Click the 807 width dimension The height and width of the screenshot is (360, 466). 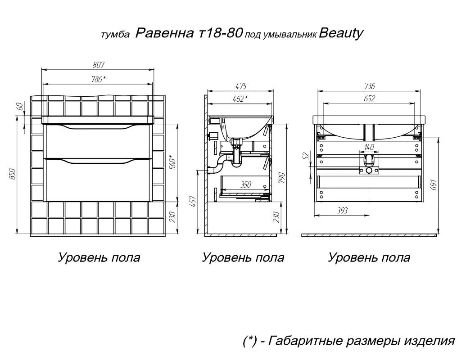98,65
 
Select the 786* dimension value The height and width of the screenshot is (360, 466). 98,79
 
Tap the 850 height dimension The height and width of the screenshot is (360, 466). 12,174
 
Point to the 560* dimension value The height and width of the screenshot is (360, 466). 173,162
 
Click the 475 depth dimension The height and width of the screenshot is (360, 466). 241,86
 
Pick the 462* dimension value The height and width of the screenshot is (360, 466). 240,99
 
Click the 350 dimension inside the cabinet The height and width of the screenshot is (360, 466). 245,185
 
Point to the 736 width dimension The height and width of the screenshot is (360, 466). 369,86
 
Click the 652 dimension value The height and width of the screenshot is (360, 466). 369,98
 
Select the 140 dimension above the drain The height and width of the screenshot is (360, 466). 369,147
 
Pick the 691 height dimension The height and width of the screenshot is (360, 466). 434,184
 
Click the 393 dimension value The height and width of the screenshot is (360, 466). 342,211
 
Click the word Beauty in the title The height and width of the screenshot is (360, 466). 341,33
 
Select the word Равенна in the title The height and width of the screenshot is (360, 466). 165,33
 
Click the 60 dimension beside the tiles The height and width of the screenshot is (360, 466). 20,106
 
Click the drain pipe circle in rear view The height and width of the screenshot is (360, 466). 369,171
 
